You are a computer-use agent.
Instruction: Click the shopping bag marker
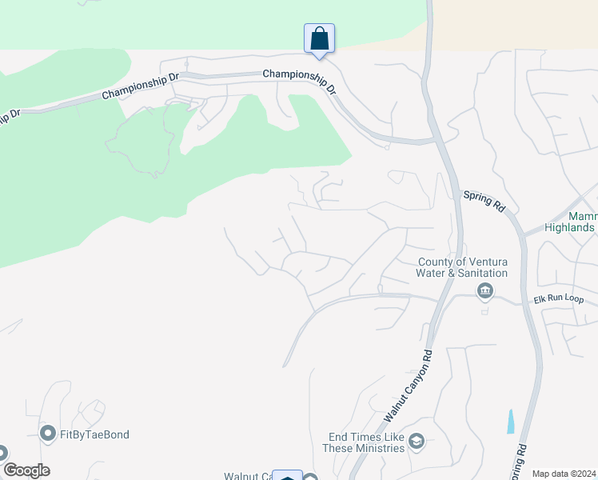(x=319, y=38)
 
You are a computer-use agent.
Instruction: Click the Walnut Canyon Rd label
(x=409, y=386)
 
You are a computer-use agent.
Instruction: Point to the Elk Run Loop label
(x=559, y=299)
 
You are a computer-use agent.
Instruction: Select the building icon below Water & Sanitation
(x=484, y=291)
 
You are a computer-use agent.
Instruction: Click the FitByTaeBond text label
(x=94, y=434)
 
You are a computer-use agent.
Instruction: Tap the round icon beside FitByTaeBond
(x=47, y=434)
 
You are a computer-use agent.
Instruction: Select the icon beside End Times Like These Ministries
(x=416, y=442)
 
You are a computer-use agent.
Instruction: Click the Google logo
(x=26, y=470)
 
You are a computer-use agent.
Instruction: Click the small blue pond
(x=511, y=422)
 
